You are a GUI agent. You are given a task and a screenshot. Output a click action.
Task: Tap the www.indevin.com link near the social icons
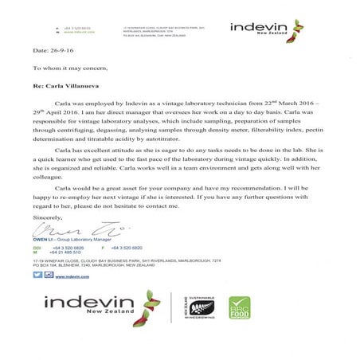click(x=70, y=276)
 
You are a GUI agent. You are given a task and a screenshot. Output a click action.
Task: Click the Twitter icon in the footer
click(x=37, y=275)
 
